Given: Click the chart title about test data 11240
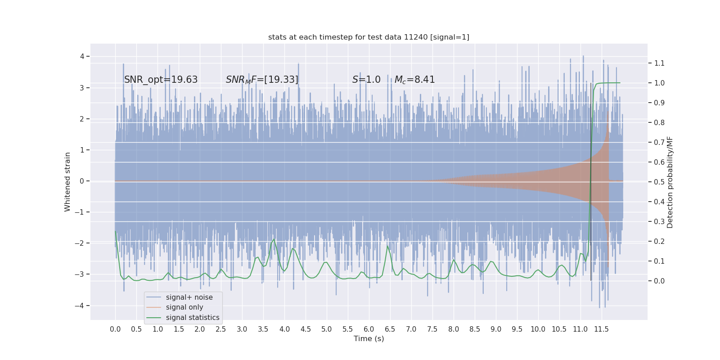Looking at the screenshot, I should [x=369, y=37].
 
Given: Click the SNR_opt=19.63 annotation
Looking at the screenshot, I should [x=161, y=80].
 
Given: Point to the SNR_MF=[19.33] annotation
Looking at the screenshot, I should [x=262, y=80].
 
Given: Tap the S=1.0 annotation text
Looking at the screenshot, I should [x=366, y=80].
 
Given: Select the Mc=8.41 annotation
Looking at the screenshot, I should [x=414, y=80].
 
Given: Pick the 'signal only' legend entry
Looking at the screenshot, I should [x=184, y=307].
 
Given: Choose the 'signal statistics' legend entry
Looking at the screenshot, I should [x=192, y=318].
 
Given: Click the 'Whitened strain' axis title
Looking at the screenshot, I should [x=67, y=182].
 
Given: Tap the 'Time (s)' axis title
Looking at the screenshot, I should [x=369, y=339].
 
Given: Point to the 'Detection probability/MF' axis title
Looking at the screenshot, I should [x=670, y=182].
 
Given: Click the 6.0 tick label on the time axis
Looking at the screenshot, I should [x=369, y=329].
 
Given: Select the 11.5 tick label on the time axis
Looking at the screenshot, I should [x=601, y=329].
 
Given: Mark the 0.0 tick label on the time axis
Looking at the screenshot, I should [x=115, y=329].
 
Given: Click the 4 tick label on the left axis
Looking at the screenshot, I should [x=82, y=57].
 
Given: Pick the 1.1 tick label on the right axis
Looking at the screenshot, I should [x=659, y=63].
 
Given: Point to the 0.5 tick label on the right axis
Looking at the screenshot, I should [x=659, y=182].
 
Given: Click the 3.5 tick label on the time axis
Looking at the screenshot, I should [x=263, y=329].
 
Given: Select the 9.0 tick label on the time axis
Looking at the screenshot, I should [x=495, y=329].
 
